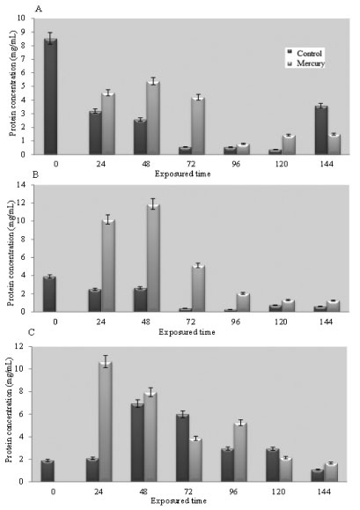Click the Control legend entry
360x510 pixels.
tap(305, 53)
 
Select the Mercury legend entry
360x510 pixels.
tap(306, 63)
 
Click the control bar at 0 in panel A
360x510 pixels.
tap(51, 96)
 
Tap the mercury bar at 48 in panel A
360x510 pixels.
tap(153, 118)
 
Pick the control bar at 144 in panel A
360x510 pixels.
tap(321, 130)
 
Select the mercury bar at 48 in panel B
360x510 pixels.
tap(153, 258)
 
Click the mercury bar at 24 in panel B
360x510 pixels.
tap(108, 266)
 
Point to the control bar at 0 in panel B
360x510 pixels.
tap(49, 294)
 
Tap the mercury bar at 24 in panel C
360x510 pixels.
tap(106, 422)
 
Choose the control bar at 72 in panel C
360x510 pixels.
tap(182, 447)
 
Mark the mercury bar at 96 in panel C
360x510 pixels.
tap(240, 452)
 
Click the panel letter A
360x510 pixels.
tap(39, 9)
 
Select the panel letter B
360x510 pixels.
tap(36, 174)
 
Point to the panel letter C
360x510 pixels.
tap(32, 333)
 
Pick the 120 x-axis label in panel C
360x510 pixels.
tap(278, 492)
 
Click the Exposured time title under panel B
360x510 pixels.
tap(187, 332)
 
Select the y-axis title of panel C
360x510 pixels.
tap(10, 410)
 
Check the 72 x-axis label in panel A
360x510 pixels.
tap(191, 164)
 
